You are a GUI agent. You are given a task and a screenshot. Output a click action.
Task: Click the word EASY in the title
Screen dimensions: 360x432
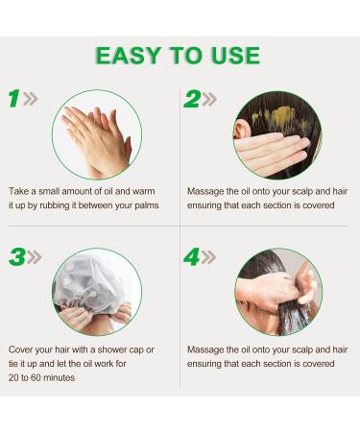(x=128, y=56)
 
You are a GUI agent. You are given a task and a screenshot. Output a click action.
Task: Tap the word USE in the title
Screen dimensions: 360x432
(x=235, y=56)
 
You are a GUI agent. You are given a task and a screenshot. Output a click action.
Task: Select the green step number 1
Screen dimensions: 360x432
(x=14, y=98)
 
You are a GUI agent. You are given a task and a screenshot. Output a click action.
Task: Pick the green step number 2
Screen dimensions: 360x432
(x=192, y=99)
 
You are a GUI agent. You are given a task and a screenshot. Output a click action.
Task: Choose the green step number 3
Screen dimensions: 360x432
(x=17, y=257)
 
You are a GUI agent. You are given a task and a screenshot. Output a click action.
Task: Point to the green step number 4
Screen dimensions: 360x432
(x=192, y=257)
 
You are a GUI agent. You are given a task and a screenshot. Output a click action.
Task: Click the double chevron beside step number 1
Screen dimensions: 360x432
(x=31, y=99)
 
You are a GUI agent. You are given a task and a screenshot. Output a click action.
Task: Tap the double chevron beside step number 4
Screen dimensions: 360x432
(x=208, y=257)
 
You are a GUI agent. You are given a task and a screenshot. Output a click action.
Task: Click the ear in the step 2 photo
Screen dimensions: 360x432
(x=242, y=130)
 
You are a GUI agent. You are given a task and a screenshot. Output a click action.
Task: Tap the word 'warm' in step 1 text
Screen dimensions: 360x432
(x=143, y=191)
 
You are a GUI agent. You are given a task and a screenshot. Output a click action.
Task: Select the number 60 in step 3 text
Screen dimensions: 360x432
(x=36, y=377)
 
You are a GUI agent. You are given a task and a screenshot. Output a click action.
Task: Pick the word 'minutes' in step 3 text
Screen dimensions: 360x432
(x=59, y=377)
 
